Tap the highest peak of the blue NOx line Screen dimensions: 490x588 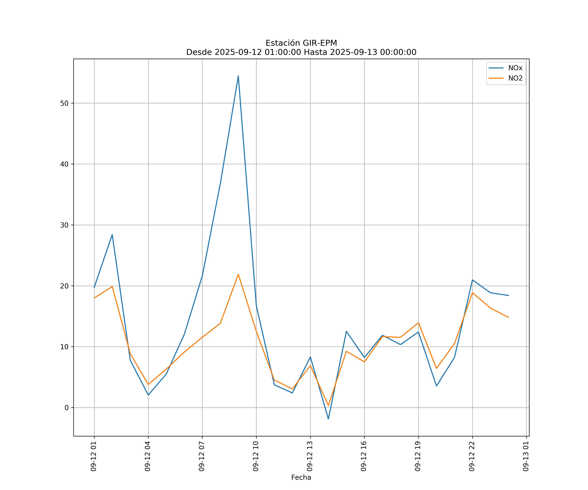click(238, 76)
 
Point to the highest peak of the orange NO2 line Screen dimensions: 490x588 click(238, 274)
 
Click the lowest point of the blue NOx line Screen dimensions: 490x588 click(328, 419)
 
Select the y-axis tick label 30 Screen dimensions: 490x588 click(64, 225)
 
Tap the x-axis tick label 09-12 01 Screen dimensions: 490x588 click(94, 456)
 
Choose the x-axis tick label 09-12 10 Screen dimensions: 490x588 click(256, 456)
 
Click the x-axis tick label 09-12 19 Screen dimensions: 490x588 click(418, 456)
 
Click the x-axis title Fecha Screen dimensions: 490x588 click(301, 477)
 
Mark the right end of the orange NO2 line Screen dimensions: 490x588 click(508, 318)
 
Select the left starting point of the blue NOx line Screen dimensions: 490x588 click(94, 287)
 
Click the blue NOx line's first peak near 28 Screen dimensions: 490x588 click(112, 235)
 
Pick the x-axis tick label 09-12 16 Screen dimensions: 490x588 click(364, 456)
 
